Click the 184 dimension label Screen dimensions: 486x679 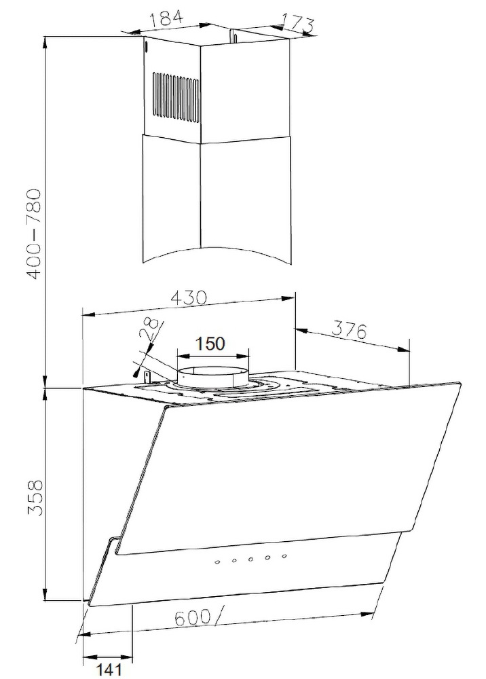coord(166,18)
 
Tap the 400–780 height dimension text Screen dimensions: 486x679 coord(33,233)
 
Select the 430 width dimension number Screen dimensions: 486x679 coord(190,297)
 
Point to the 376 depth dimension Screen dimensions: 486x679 coord(350,331)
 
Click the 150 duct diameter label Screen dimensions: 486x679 coord(210,344)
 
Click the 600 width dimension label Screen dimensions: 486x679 coord(193,617)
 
